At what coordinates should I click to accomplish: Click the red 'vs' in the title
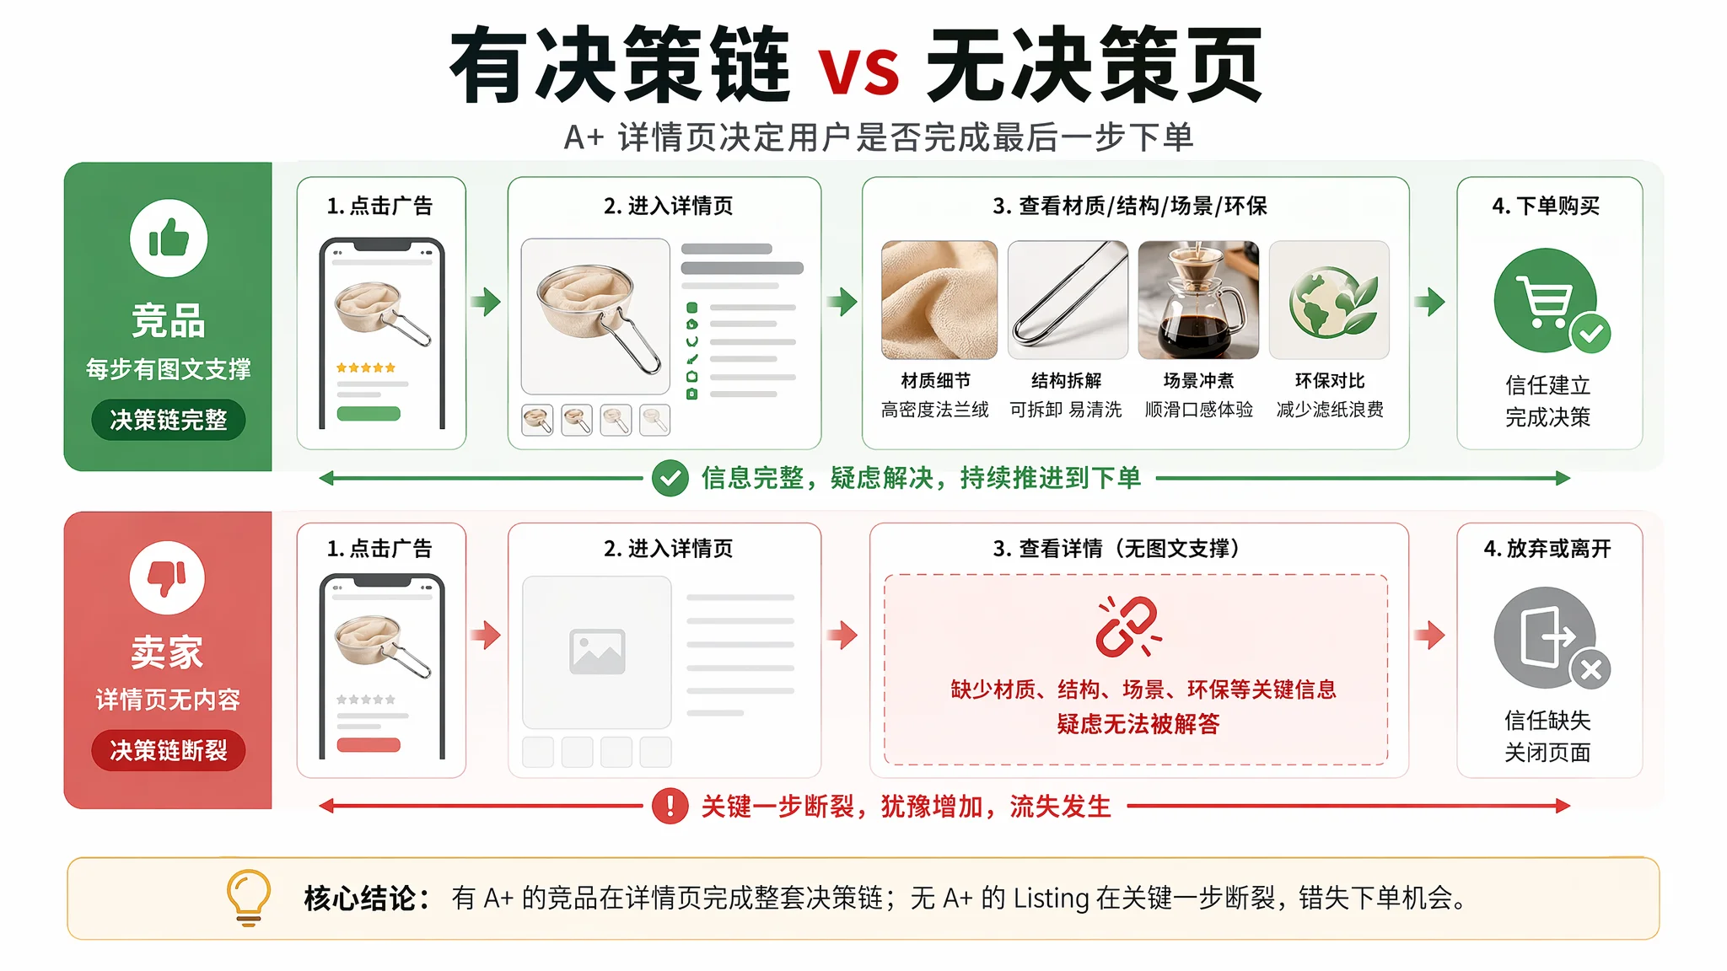(858, 68)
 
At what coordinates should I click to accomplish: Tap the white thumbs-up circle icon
(169, 239)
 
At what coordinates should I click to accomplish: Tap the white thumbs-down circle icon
(167, 578)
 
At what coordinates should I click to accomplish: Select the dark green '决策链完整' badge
(169, 420)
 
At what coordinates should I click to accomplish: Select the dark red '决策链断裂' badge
(169, 750)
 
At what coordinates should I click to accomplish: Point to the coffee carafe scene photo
(1198, 300)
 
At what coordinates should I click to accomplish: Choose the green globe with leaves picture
(1329, 300)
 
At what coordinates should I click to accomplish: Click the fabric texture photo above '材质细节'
(939, 300)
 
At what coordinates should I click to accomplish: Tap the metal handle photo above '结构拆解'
(1068, 300)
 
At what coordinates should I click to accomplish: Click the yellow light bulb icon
(249, 898)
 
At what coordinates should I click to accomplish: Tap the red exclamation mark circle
(670, 806)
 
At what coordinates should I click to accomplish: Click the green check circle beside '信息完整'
(670, 479)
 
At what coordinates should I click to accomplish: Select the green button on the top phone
(369, 414)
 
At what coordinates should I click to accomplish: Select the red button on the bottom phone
(369, 745)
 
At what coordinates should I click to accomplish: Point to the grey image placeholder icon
(597, 652)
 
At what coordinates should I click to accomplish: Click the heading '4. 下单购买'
(1546, 206)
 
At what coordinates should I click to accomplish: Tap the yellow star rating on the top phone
(366, 367)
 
